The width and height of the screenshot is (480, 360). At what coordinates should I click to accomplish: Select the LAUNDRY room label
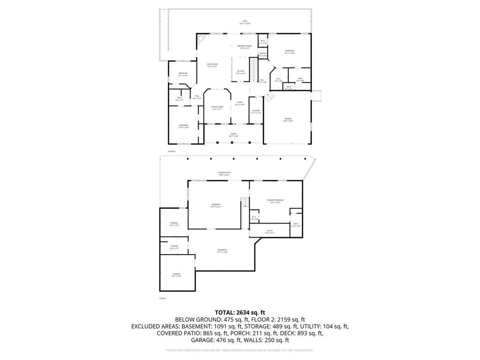pos(256,112)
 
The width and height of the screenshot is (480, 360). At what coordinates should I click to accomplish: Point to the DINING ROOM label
pos(217,108)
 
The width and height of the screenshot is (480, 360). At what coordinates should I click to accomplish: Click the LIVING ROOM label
pos(212,65)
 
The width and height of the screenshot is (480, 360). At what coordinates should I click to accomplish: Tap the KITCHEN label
pos(240,72)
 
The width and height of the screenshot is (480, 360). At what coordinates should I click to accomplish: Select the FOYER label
pos(240,103)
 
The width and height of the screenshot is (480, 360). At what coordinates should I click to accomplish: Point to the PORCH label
pos(233,135)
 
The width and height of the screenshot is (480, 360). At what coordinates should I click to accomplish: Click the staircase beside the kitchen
pos(254,69)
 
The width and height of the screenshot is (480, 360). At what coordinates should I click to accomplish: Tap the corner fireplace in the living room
pos(201,39)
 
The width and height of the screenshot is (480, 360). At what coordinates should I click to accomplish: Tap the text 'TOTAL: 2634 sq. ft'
pos(240,312)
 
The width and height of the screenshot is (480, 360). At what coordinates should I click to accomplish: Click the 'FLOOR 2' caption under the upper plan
pos(172,151)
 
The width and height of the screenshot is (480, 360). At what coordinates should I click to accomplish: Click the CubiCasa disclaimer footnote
pos(240,350)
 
